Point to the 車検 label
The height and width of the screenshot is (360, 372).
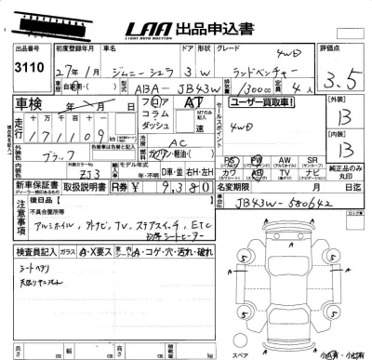tap(32, 102)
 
